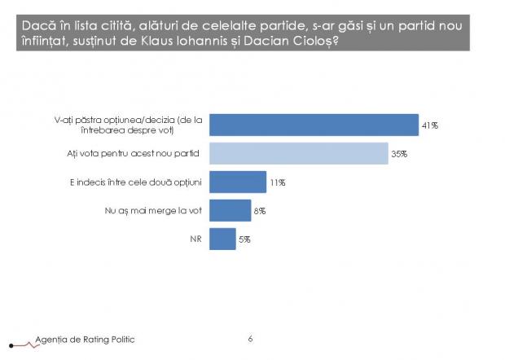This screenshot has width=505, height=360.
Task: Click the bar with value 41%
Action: pyautogui.click(x=314, y=125)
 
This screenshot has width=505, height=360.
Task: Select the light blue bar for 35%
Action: pyautogui.click(x=298, y=153)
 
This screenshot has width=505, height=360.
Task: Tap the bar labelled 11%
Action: pyautogui.click(x=238, y=182)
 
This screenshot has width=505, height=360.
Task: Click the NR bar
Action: pyautogui.click(x=222, y=239)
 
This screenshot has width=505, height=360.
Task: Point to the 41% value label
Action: pyautogui.click(x=430, y=125)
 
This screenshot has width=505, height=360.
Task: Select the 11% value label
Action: pyautogui.click(x=277, y=182)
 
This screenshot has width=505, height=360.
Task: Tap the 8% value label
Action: pyautogui.click(x=259, y=211)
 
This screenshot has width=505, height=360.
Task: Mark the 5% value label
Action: pyautogui.click(x=244, y=239)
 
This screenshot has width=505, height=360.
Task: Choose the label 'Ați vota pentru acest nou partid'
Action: pyautogui.click(x=134, y=153)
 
